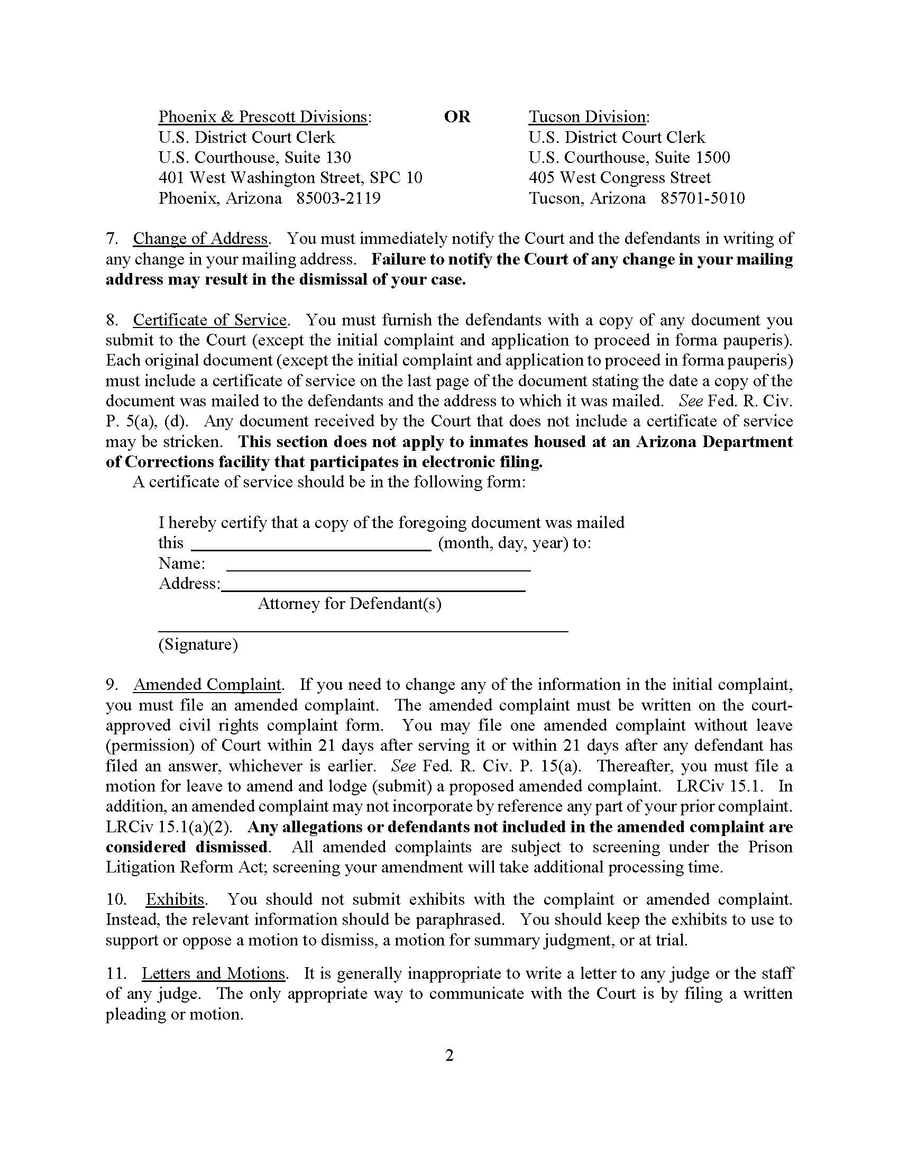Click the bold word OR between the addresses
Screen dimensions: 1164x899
click(x=457, y=117)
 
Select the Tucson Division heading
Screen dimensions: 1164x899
click(x=587, y=117)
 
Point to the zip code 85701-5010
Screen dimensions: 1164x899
click(x=702, y=198)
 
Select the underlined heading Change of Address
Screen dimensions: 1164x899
click(x=200, y=238)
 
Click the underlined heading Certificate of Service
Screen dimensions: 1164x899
click(x=210, y=320)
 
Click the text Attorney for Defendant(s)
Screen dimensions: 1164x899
click(x=350, y=604)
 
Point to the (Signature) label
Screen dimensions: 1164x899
click(x=198, y=645)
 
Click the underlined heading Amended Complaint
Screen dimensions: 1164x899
click(x=207, y=685)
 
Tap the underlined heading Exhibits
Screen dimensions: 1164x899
click(x=175, y=899)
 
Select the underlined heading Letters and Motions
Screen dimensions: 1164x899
click(x=214, y=974)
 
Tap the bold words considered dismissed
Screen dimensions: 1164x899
click(x=186, y=848)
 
